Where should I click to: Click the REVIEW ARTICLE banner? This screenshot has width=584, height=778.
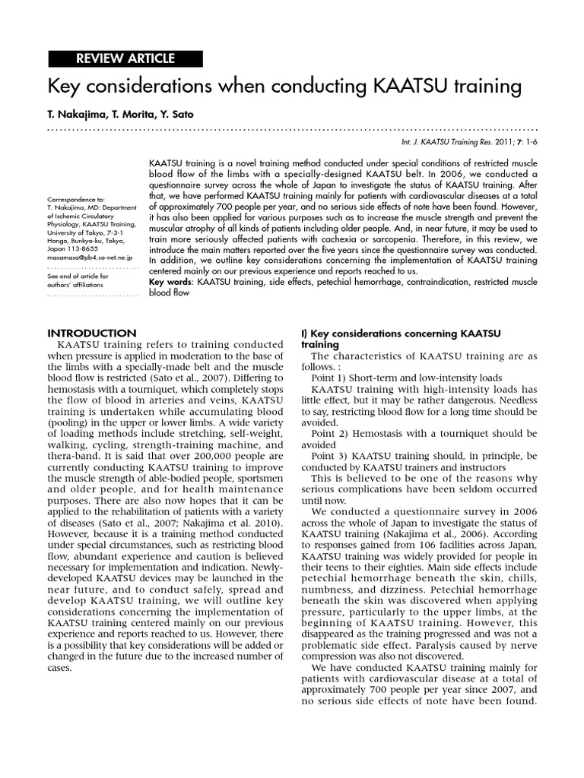[x=125, y=59]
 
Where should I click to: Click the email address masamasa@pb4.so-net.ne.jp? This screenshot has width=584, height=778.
[x=91, y=257]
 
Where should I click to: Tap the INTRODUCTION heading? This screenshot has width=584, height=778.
[x=92, y=333]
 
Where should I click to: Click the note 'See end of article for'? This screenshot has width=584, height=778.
[x=78, y=276]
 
